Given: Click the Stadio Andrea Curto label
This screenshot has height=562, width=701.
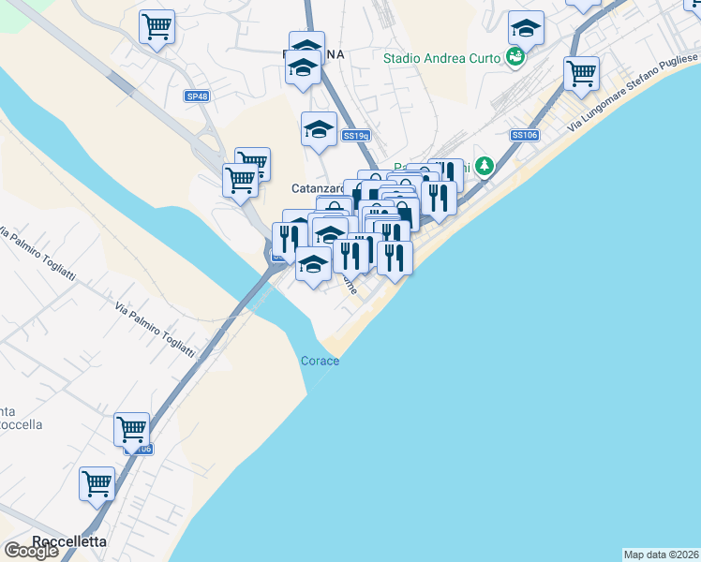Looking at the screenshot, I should pos(442,58).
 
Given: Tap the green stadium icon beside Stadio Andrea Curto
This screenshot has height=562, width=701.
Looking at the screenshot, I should pos(514,58).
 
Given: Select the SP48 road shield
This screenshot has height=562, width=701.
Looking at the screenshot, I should pos(197,96).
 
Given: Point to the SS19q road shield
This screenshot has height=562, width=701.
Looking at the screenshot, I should pos(356,136).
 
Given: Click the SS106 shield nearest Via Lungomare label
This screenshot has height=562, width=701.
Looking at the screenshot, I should pos(524,136).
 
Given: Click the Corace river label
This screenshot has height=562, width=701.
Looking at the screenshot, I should pos(320,361).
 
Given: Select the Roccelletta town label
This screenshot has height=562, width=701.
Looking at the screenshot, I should pos(69,541).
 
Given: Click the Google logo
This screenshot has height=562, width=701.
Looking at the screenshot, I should pos(31,552).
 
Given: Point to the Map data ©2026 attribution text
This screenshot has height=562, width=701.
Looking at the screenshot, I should pos(662,555).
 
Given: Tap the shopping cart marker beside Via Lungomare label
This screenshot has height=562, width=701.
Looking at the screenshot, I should pos(582,72).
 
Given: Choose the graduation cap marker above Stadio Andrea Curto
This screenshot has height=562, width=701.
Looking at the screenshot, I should pos(527,28).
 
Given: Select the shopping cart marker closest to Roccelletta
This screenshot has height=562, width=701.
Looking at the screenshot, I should pos(97,483).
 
